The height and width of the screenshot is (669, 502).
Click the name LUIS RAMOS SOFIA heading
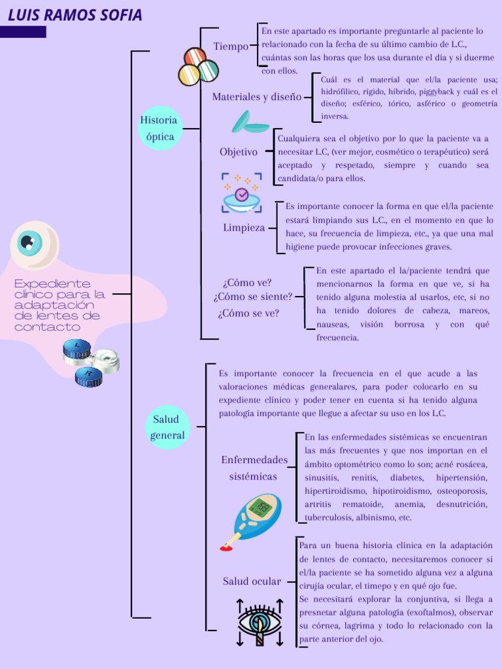tap(75, 15)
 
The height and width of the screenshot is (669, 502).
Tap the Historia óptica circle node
tap(159, 128)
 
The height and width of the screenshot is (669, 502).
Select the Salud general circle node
tap(167, 427)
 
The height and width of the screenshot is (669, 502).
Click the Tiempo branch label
tap(231, 46)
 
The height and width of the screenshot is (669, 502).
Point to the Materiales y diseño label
tap(257, 97)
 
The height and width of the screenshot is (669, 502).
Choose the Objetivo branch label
tap(239, 152)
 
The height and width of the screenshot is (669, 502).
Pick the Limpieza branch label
tap(244, 228)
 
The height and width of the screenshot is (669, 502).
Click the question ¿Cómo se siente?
tap(252, 297)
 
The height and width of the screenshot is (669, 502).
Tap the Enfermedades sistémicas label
tap(254, 468)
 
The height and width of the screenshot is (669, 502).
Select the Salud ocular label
tap(252, 581)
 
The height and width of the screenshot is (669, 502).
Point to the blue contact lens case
tap(90, 362)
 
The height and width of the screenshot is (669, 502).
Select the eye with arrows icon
tap(259, 623)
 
